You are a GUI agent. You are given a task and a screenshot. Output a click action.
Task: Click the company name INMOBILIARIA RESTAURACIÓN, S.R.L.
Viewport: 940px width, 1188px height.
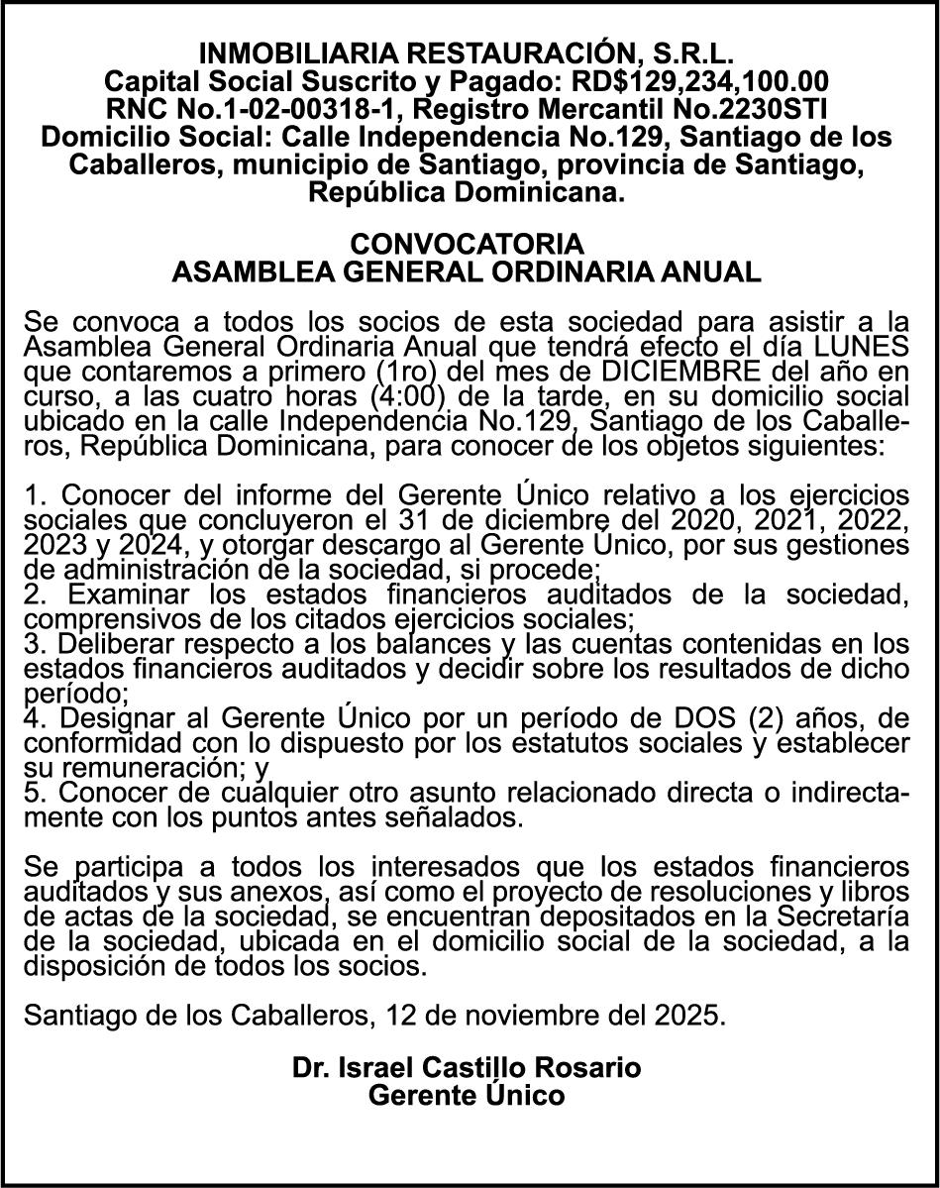[468, 53]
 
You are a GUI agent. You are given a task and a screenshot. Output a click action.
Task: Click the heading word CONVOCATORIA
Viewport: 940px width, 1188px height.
[468, 244]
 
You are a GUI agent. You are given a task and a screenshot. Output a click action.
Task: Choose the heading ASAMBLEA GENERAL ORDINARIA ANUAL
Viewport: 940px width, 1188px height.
[468, 272]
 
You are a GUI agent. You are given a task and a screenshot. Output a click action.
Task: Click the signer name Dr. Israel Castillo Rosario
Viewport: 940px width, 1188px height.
[467, 1068]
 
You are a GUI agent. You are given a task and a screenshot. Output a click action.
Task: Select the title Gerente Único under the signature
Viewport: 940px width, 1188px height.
[467, 1096]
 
